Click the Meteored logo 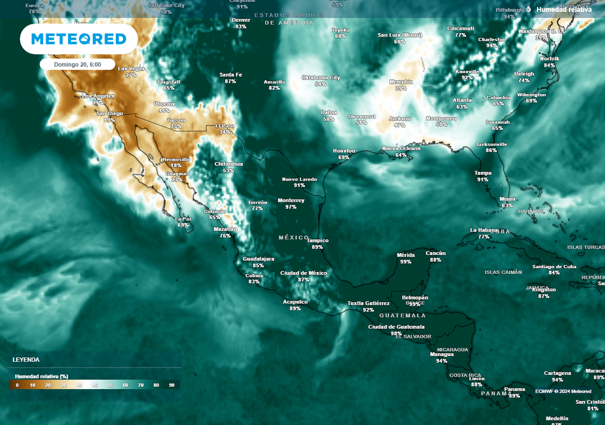tap(79, 39)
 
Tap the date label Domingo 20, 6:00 tap(77, 64)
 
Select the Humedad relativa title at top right tap(564, 9)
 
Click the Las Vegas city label tap(131, 68)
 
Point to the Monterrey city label tap(291, 200)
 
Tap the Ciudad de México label tap(304, 273)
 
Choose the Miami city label tap(507, 199)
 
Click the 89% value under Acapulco tap(295, 308)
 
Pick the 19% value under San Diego tap(109, 120)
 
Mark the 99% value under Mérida tap(405, 261)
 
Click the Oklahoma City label tap(321, 77)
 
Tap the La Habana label tap(483, 230)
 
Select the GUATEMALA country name tap(402, 316)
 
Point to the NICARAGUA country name tap(453, 349)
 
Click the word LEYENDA tap(27, 359)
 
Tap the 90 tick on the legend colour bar tap(172, 385)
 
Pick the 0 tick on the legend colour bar tap(17, 385)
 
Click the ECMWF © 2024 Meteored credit tap(563, 391)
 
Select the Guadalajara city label tap(258, 259)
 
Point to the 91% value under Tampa tap(483, 179)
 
